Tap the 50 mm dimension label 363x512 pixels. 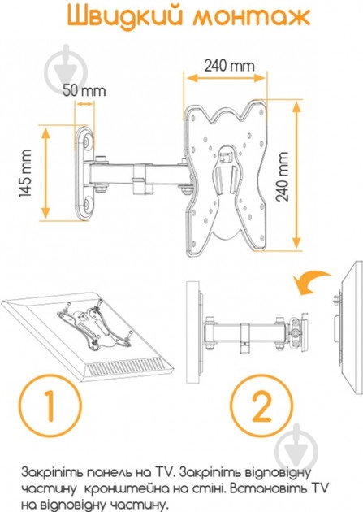point(84,90)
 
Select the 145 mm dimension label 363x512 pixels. point(25,173)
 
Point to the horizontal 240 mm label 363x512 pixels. point(229,66)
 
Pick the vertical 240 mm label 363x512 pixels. point(282,176)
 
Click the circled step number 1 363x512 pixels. point(50,406)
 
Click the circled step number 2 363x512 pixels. point(261,406)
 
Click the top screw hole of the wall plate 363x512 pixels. point(87,142)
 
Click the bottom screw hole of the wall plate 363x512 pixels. point(87,205)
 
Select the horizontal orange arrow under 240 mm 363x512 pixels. point(226,78)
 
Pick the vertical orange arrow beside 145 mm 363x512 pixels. point(45,173)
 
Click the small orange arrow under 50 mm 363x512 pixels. point(84,104)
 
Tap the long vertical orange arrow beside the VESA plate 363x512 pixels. point(296,175)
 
